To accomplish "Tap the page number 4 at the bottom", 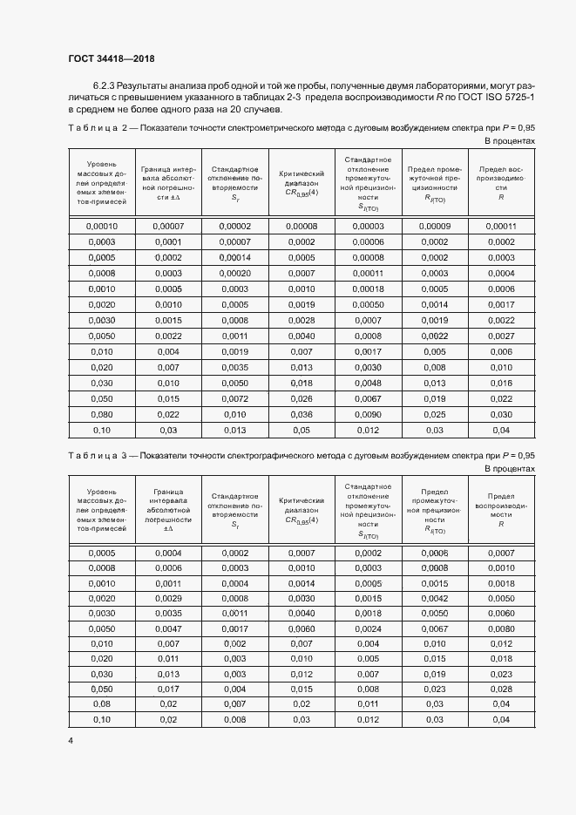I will (71, 739).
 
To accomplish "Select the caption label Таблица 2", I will (97, 127).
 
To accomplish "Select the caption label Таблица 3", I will (97, 455).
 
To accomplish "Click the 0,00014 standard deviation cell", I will (234, 257).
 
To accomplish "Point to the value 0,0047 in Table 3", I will (168, 628).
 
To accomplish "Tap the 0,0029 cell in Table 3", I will (168, 598).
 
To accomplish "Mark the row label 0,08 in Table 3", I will (102, 703).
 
